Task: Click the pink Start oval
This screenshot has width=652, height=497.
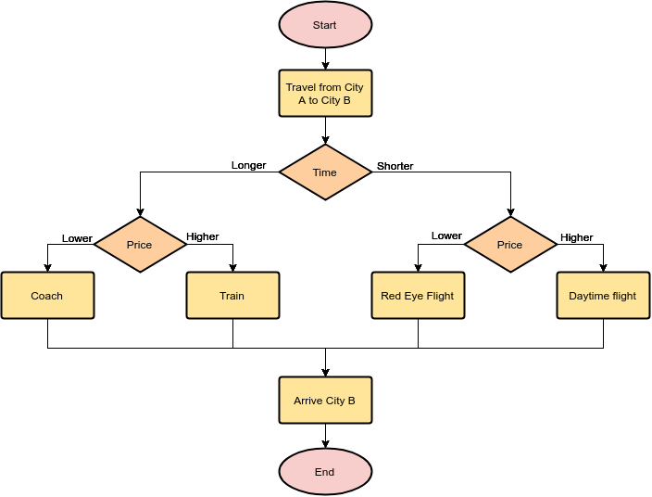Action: (325, 25)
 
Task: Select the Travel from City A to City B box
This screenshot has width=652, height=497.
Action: (325, 94)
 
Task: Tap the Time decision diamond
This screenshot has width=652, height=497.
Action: (325, 172)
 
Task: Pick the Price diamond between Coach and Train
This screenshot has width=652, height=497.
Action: (140, 245)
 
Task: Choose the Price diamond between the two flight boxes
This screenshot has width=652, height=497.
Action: (510, 245)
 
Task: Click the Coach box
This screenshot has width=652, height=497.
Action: (47, 296)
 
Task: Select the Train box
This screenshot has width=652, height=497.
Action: (232, 296)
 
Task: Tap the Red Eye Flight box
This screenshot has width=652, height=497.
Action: (418, 296)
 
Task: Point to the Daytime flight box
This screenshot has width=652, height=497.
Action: (603, 296)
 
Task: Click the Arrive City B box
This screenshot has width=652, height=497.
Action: (325, 401)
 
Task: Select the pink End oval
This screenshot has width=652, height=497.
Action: (325, 472)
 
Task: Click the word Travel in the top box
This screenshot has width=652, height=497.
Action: (300, 87)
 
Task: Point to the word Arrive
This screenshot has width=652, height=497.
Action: (308, 401)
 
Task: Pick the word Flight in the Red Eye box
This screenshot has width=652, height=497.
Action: (441, 296)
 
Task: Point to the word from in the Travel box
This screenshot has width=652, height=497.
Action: (330, 87)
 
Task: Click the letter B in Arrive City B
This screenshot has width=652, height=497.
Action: (352, 401)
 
